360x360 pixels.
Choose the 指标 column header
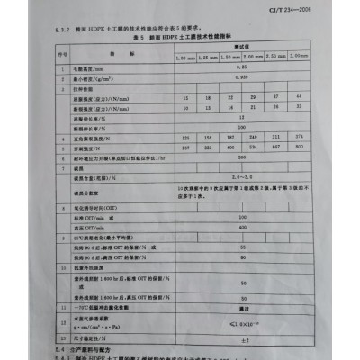(x=117, y=53)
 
